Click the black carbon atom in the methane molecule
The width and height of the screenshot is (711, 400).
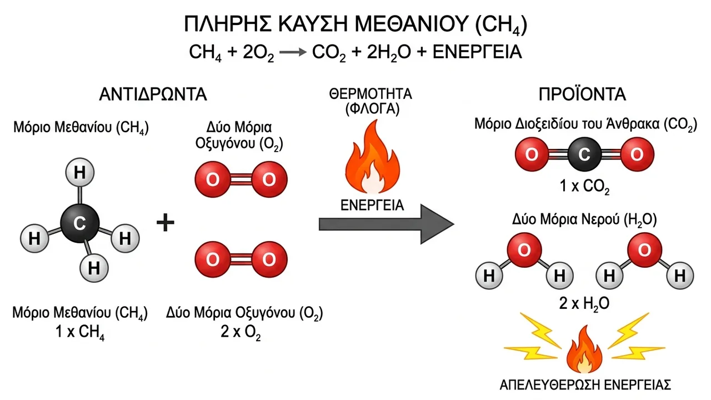pyautogui.click(x=79, y=223)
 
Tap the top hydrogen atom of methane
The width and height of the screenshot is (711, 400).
pyautogui.click(x=79, y=172)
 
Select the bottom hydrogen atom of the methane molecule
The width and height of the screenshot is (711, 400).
pyautogui.click(x=94, y=268)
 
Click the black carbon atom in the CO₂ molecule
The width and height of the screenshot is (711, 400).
pyautogui.click(x=584, y=154)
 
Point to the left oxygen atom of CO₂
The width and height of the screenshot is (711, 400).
pyautogui.click(x=532, y=154)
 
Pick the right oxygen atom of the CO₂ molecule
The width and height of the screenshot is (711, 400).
pyautogui.click(x=637, y=154)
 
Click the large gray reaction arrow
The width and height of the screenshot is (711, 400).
pyautogui.click(x=386, y=224)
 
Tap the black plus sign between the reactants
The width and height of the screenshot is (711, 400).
pyautogui.click(x=166, y=223)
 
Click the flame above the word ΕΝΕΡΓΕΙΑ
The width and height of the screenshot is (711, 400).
pyautogui.click(x=372, y=157)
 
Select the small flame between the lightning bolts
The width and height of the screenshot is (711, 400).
pyautogui.click(x=584, y=349)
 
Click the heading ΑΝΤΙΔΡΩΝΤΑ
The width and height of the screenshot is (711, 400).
pyautogui.click(x=153, y=94)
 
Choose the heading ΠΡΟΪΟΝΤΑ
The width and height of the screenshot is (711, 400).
pyautogui.click(x=583, y=94)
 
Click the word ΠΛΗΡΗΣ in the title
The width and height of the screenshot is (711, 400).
pyautogui.click(x=228, y=23)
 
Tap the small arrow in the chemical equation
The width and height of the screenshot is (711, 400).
pyautogui.click(x=293, y=52)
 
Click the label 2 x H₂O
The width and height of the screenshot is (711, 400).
pyautogui.click(x=584, y=304)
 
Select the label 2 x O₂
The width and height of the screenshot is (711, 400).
pyautogui.click(x=241, y=332)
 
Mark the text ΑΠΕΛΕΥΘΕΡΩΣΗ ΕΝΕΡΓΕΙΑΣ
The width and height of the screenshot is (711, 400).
pyautogui.click(x=585, y=385)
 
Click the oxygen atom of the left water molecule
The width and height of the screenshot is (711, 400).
pyautogui.click(x=524, y=250)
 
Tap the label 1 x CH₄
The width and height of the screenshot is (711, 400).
pyautogui.click(x=80, y=332)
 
